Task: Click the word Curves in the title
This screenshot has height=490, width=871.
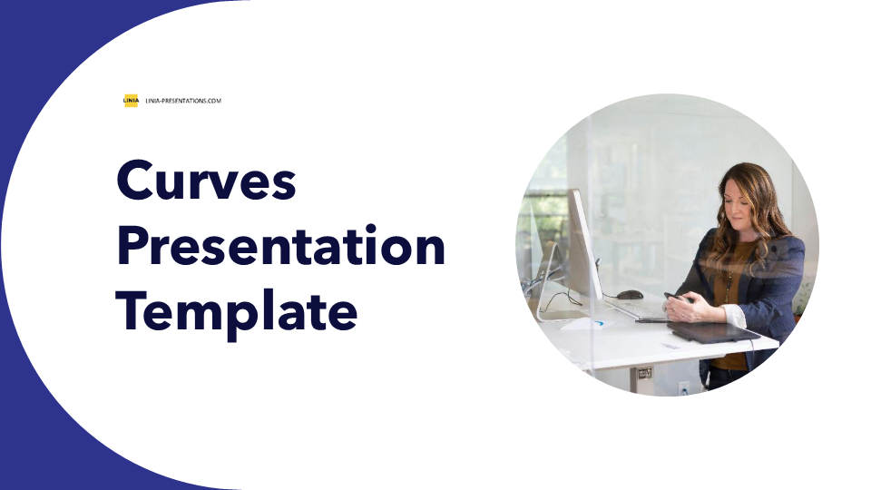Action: coord(206,180)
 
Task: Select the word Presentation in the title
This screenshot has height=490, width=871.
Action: coord(281,245)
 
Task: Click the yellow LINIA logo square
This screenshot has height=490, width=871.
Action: coord(131,101)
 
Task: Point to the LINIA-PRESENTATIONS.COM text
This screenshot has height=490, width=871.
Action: coord(183,101)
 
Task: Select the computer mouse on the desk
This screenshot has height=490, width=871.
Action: coord(630,294)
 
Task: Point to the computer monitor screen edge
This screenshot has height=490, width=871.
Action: coord(585,244)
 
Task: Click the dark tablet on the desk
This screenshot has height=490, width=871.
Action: coord(713,331)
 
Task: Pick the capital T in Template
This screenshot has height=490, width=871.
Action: coord(132,311)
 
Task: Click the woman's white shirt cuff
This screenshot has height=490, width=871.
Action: coord(734,315)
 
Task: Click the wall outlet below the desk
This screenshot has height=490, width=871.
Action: coord(684,387)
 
